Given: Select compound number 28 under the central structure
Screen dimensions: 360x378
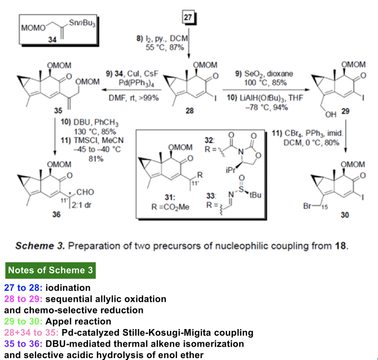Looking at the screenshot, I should (x=190, y=110).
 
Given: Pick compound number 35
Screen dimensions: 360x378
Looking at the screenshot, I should (x=59, y=110).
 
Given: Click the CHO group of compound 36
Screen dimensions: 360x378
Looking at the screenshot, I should (x=89, y=192).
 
